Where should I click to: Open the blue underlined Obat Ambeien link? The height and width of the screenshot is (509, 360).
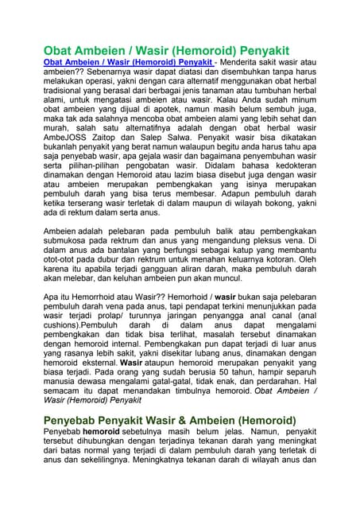tap(128, 61)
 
